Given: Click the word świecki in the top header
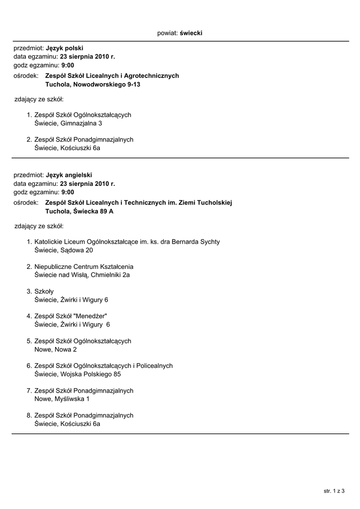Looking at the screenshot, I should pos(191,33).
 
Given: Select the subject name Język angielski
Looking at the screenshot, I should pos(69,175).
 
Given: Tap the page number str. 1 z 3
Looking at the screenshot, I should pos(334,491).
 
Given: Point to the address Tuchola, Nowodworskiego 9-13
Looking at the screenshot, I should pos(92,85).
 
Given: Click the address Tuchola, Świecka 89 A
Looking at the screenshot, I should pos(79,211).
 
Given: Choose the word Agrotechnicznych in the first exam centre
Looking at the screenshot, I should pos(152,76).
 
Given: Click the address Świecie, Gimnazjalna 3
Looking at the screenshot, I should pos(68,123).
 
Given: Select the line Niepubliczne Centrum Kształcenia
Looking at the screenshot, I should pos(84,266).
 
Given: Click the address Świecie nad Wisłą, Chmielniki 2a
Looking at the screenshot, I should pos(83,275).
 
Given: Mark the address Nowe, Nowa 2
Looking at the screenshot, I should pos(56,349).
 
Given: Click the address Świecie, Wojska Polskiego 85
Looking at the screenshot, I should pos(78,374).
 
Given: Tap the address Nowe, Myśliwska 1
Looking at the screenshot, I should pos(62,399).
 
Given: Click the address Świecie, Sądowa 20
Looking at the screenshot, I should pos(64,250).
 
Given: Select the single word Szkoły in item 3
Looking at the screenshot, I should pos(44,291).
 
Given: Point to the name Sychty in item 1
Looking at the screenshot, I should pos(209,242).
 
